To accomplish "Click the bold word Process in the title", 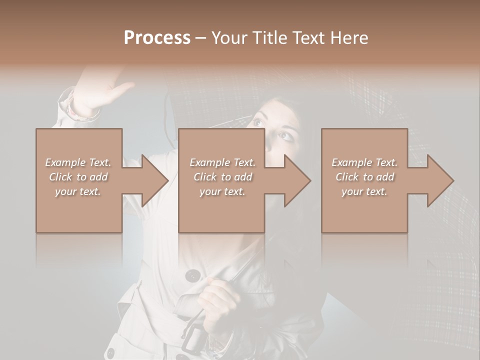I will pyautogui.click(x=157, y=38).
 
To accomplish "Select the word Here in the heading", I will pyautogui.click(x=349, y=38).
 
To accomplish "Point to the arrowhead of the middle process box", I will pyautogui.click(x=296, y=180).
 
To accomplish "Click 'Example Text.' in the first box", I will pyautogui.click(x=78, y=162).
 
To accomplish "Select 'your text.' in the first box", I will pyautogui.click(x=78, y=191).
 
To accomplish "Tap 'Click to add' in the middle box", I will pyautogui.click(x=222, y=177).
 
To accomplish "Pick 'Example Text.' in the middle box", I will pyautogui.click(x=222, y=162).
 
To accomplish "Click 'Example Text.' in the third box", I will pyautogui.click(x=364, y=162).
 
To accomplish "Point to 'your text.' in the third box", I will pyautogui.click(x=364, y=191).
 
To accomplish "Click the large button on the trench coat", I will pyautogui.click(x=192, y=275).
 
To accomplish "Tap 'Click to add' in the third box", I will pyautogui.click(x=364, y=177).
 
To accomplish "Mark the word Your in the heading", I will pyautogui.click(x=228, y=38).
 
